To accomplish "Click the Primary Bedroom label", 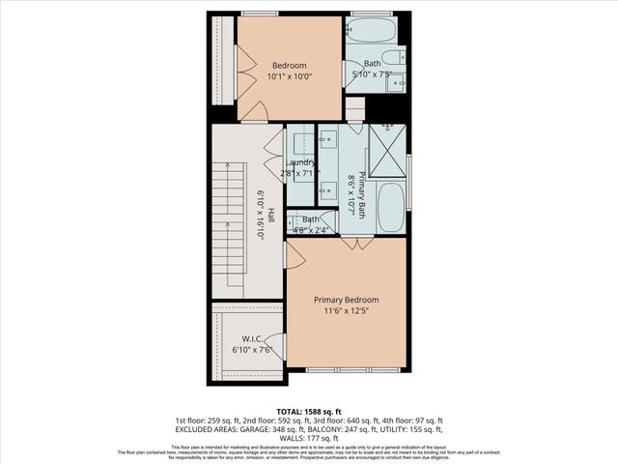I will pyautogui.click(x=346, y=300).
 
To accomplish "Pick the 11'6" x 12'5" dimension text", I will pyautogui.click(x=346, y=311).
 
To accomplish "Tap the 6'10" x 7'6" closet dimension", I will pyautogui.click(x=253, y=350).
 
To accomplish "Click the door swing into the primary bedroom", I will pyautogui.click(x=295, y=255).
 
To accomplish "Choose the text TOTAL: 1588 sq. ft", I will pyautogui.click(x=308, y=411).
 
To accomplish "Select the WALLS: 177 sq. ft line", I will pyautogui.click(x=308, y=437).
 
